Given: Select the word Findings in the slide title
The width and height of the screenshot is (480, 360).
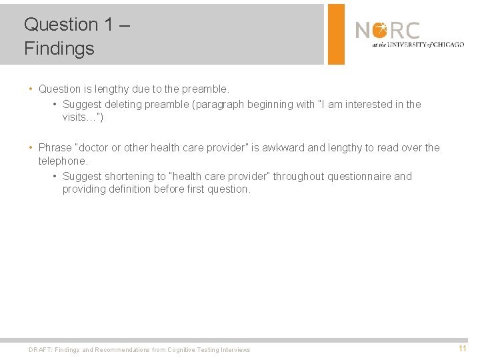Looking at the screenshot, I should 59,49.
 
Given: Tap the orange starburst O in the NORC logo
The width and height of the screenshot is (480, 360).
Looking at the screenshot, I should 380,30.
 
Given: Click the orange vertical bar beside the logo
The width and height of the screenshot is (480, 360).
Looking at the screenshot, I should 336,34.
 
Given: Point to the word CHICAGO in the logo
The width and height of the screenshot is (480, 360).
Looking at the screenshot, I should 447,45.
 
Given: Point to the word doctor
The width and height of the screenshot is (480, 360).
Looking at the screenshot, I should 95,148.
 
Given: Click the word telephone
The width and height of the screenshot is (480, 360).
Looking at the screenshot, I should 62,161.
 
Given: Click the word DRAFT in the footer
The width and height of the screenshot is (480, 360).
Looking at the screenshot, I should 39,350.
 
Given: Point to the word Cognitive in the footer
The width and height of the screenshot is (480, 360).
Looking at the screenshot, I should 184,350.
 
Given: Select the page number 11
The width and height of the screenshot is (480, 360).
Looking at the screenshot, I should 462,349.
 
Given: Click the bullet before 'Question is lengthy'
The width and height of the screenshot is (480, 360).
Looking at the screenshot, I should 31,89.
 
